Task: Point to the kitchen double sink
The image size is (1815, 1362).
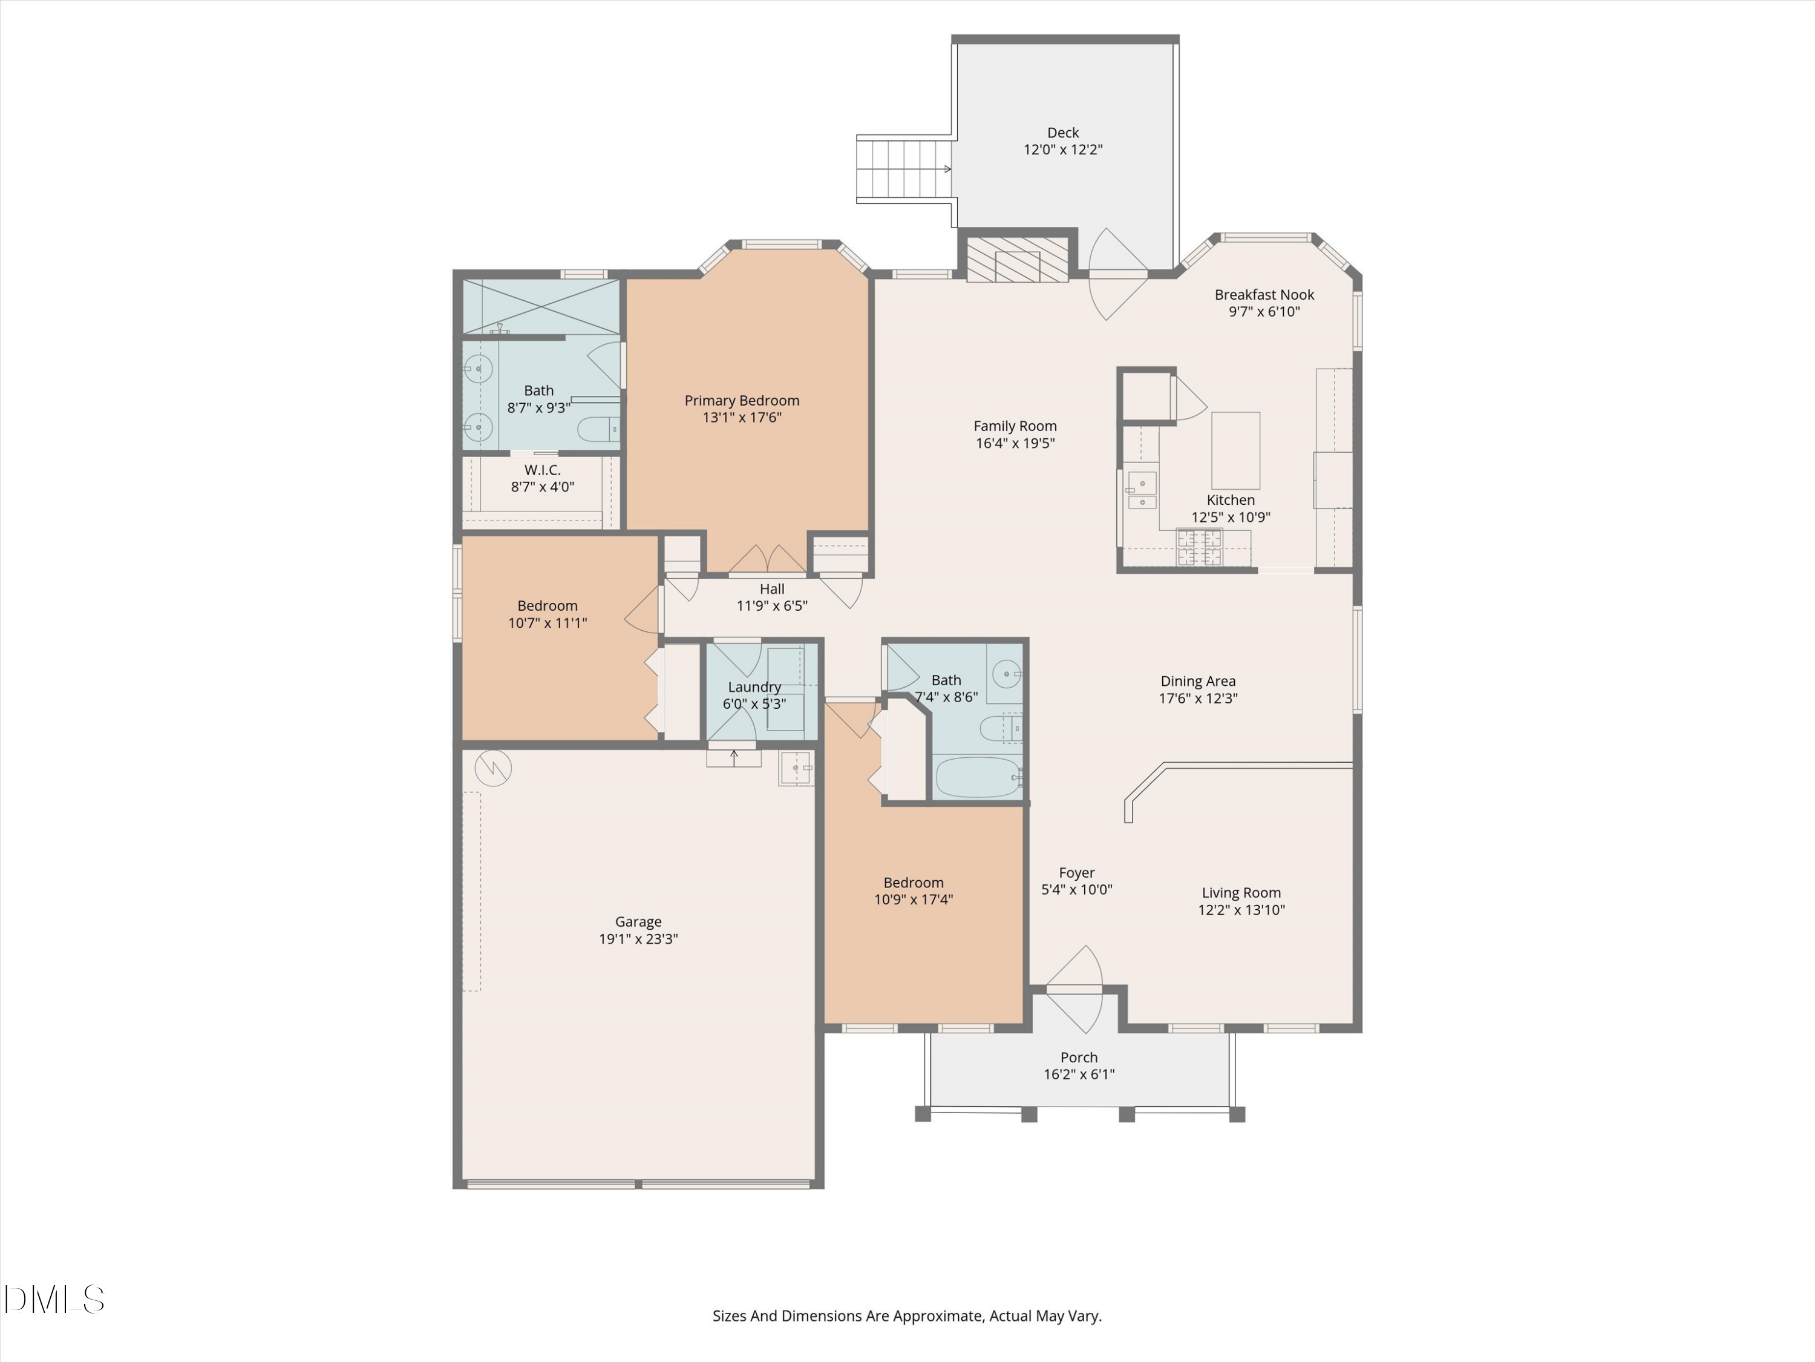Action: [1142, 491]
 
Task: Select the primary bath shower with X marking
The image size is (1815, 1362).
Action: [541, 307]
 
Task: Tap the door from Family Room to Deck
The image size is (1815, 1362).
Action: [1116, 274]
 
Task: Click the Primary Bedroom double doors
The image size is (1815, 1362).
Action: [767, 561]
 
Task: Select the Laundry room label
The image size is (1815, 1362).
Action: [754, 687]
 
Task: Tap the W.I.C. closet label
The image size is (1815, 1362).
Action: [542, 470]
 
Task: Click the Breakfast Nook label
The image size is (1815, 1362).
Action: [1264, 295]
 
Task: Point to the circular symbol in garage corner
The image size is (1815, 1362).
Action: [493, 768]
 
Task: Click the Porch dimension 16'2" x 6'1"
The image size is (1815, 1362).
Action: [1078, 1074]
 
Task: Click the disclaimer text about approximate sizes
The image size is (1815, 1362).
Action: [907, 1316]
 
